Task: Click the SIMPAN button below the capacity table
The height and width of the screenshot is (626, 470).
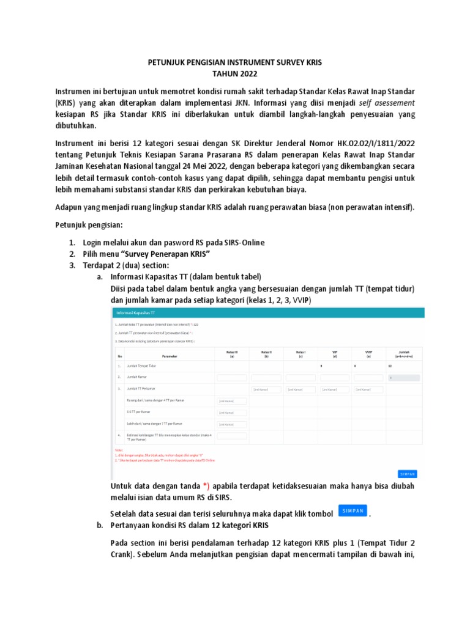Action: coord(407,474)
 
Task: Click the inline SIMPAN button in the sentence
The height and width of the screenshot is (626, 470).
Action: coord(353,511)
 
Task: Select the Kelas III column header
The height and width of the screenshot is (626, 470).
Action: coord(232,353)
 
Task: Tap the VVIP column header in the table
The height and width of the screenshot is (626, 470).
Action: coord(368,353)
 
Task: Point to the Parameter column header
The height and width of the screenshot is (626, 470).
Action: coord(170,355)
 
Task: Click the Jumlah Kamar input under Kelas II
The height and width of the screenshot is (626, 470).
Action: coord(266,377)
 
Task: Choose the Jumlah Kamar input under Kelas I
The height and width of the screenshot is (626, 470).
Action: coord(300,377)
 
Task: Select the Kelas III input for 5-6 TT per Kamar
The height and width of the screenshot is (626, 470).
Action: coord(232,412)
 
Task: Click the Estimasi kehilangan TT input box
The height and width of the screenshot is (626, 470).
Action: coord(232,436)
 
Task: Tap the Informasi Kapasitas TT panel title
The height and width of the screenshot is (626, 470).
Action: coord(133,313)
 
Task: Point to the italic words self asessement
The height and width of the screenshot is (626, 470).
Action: coord(387,102)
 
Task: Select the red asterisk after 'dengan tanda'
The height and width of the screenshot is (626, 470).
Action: coord(207,486)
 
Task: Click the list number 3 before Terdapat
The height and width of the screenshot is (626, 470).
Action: coord(71,265)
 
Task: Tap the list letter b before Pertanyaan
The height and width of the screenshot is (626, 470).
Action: coord(100,525)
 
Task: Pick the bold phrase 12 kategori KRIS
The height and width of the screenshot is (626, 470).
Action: coord(240,525)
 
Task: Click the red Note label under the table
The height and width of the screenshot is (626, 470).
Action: coord(119,450)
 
